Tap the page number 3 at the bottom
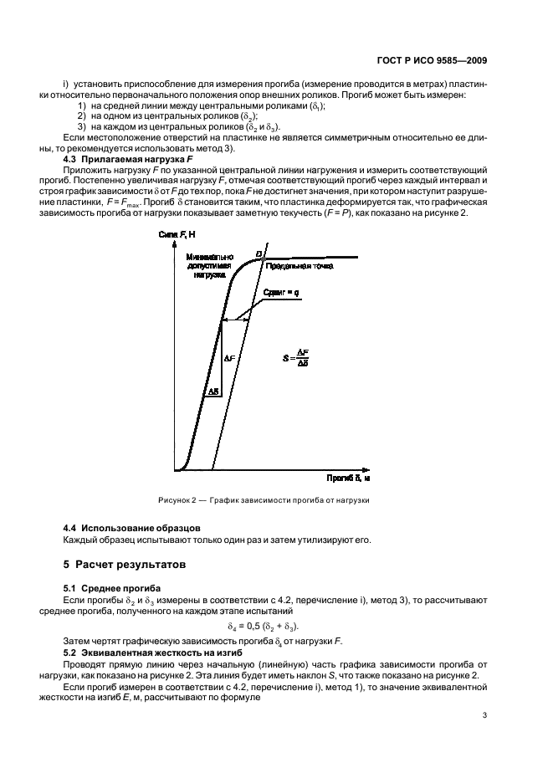coord(485,715)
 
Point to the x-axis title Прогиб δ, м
coord(348,478)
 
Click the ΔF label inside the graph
coord(231,357)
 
